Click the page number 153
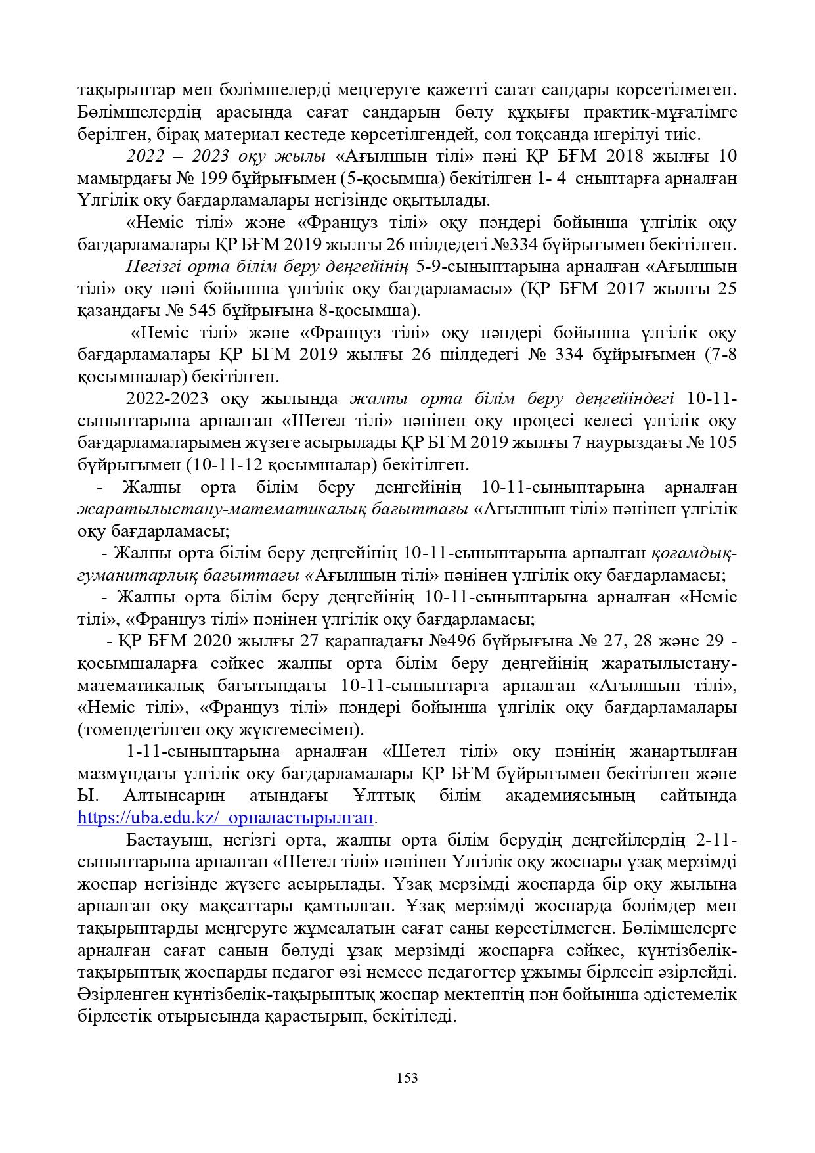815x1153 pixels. click(x=407, y=1077)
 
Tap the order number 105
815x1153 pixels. click(x=722, y=442)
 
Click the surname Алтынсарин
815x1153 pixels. click(x=173, y=796)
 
